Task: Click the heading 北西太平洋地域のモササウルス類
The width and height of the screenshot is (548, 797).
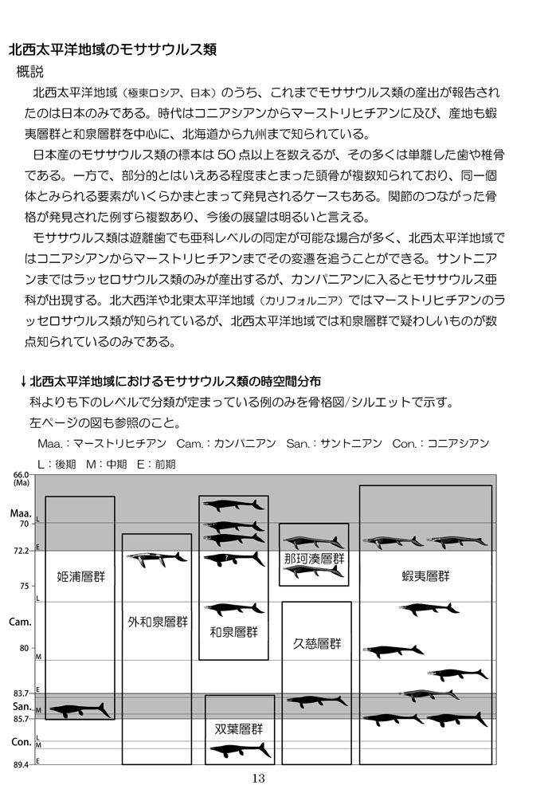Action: [x=112, y=49]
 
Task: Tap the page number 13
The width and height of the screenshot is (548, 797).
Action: [x=257, y=779]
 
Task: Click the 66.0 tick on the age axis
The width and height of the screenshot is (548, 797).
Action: [x=21, y=475]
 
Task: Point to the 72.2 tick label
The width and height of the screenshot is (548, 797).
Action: [x=21, y=551]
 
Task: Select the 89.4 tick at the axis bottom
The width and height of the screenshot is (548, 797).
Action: [x=21, y=764]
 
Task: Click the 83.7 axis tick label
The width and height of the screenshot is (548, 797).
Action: [x=21, y=693]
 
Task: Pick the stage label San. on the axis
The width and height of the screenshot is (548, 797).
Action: [x=20, y=706]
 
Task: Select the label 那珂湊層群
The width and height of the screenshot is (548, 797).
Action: [x=314, y=559]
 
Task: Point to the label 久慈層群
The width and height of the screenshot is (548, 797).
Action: [x=316, y=642]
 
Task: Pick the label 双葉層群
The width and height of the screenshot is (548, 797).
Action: [x=239, y=728]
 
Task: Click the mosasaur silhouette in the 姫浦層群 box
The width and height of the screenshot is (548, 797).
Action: [x=80, y=709]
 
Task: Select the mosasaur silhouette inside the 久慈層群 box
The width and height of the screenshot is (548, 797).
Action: [x=316, y=701]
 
